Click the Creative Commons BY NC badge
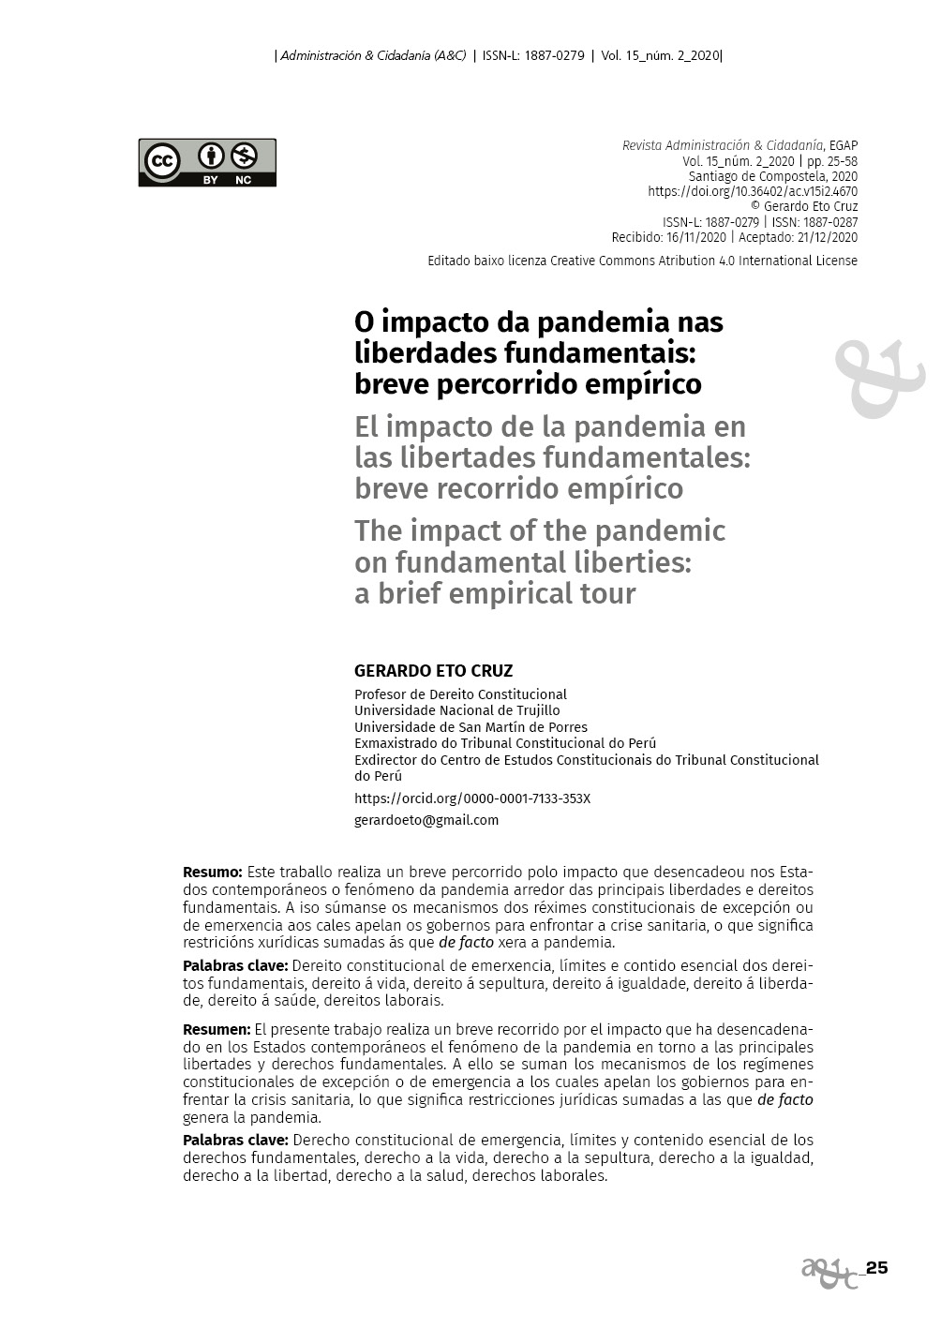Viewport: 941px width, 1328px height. (207, 162)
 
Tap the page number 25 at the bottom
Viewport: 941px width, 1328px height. (876, 1268)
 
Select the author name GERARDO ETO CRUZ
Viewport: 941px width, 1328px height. (433, 671)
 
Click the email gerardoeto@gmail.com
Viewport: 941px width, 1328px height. (426, 820)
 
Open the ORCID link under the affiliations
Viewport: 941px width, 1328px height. (471, 798)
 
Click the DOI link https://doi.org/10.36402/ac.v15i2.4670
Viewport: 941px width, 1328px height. (752, 191)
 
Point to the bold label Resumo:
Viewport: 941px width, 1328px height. (212, 872)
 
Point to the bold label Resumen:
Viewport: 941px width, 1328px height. (216, 1029)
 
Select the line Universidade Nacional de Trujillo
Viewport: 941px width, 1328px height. (456, 710)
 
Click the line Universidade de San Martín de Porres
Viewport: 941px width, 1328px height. (470, 727)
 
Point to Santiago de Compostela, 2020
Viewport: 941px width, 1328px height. (772, 176)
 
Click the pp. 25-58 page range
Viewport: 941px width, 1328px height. (831, 161)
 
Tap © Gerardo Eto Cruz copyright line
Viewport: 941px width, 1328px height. (804, 206)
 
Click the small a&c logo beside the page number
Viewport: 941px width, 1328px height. (829, 1272)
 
